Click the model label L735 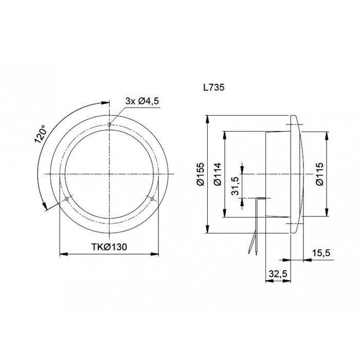pos(214,88)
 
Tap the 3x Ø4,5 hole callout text pos(142,101)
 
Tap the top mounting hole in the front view pos(110,124)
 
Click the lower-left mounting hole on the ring pos(67,199)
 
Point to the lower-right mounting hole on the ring pos(153,199)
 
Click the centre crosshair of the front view pos(110,174)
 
